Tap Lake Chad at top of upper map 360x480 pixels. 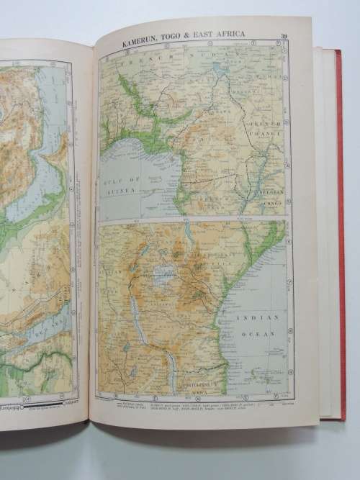[219, 71]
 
